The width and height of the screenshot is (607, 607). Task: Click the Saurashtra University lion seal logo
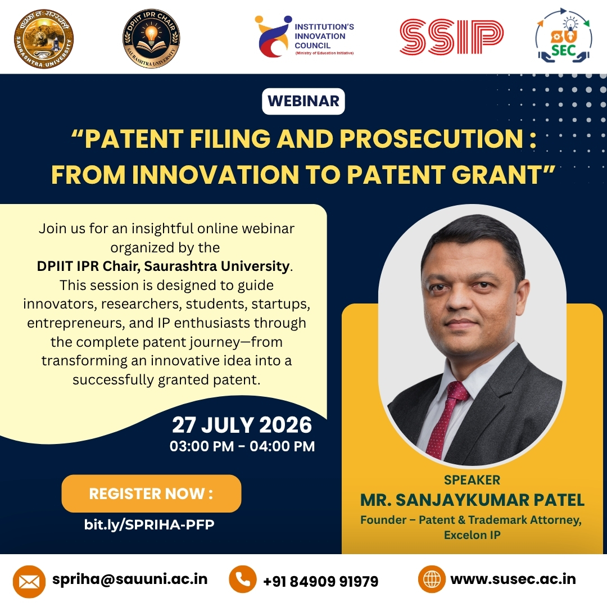43,39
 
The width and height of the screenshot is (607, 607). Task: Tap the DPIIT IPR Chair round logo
151,39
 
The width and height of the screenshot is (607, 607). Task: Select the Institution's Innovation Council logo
304,37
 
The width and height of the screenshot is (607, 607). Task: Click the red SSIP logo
451,37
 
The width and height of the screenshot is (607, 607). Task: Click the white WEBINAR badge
303,101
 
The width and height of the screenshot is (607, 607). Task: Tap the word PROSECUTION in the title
432,139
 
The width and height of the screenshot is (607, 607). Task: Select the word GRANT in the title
496,175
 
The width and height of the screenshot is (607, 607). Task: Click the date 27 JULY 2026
242,425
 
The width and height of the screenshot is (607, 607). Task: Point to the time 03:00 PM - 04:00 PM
242,446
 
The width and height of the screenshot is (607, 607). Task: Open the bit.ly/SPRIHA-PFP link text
149,524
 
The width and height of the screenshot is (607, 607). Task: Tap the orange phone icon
243,579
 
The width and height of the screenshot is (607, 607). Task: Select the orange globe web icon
432,579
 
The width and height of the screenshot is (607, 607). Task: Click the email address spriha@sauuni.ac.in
130,579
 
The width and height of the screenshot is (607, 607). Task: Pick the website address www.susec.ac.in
513,579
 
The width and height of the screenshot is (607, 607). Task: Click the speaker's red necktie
445,418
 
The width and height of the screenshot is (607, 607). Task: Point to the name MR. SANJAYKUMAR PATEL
472,500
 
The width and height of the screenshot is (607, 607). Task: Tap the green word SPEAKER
472,480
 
